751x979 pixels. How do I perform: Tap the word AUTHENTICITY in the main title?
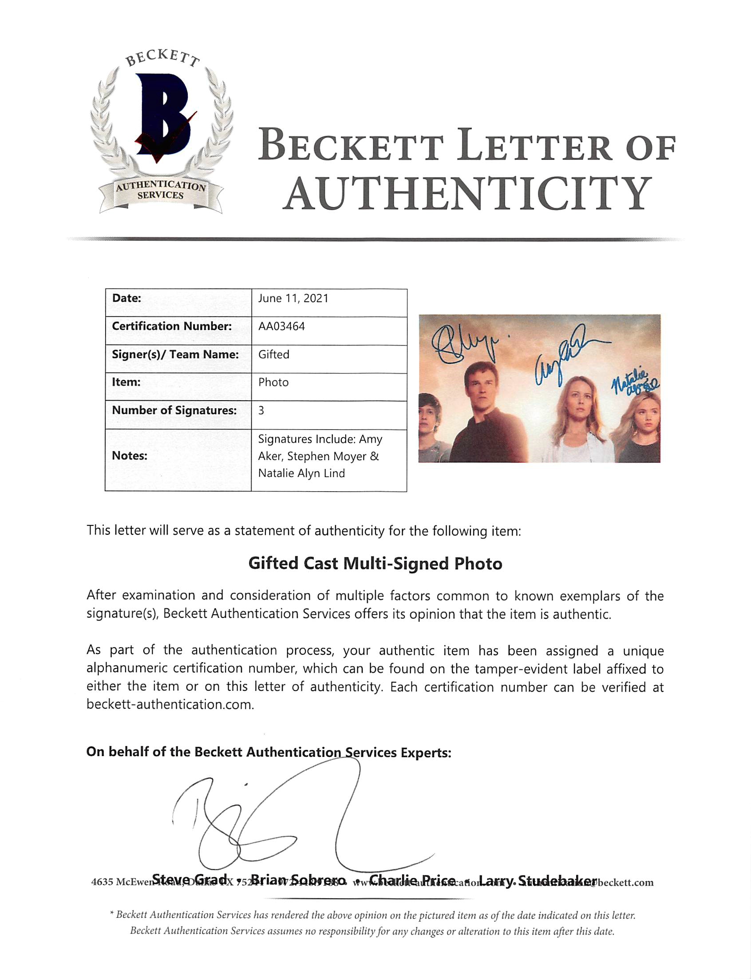[x=466, y=193]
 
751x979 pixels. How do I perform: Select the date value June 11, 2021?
[x=293, y=298]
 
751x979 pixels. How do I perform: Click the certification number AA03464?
[x=281, y=326]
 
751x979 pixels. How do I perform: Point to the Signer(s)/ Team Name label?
[x=175, y=354]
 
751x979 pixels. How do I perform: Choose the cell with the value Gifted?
[x=273, y=354]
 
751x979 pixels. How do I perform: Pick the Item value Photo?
[x=273, y=382]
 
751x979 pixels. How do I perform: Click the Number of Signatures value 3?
[x=261, y=410]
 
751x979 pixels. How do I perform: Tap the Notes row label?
[x=130, y=456]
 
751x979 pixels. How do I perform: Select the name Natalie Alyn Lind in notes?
[x=301, y=473]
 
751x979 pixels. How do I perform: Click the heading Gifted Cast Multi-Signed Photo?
[x=375, y=564]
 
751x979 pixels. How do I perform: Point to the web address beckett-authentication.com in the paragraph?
[x=170, y=704]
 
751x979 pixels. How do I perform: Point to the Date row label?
[x=126, y=298]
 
